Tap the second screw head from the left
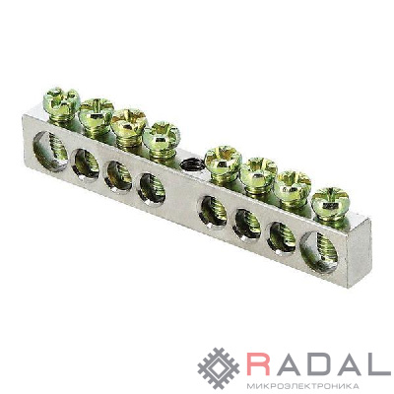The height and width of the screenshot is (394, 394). [97, 110]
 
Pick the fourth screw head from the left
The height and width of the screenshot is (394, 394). [162, 134]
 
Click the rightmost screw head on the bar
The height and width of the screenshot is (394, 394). [330, 199]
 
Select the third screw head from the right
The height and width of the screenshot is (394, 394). [259, 170]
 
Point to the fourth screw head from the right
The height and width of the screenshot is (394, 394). [224, 159]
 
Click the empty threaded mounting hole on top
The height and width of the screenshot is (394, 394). [191, 164]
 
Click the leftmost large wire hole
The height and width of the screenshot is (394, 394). [50, 151]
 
